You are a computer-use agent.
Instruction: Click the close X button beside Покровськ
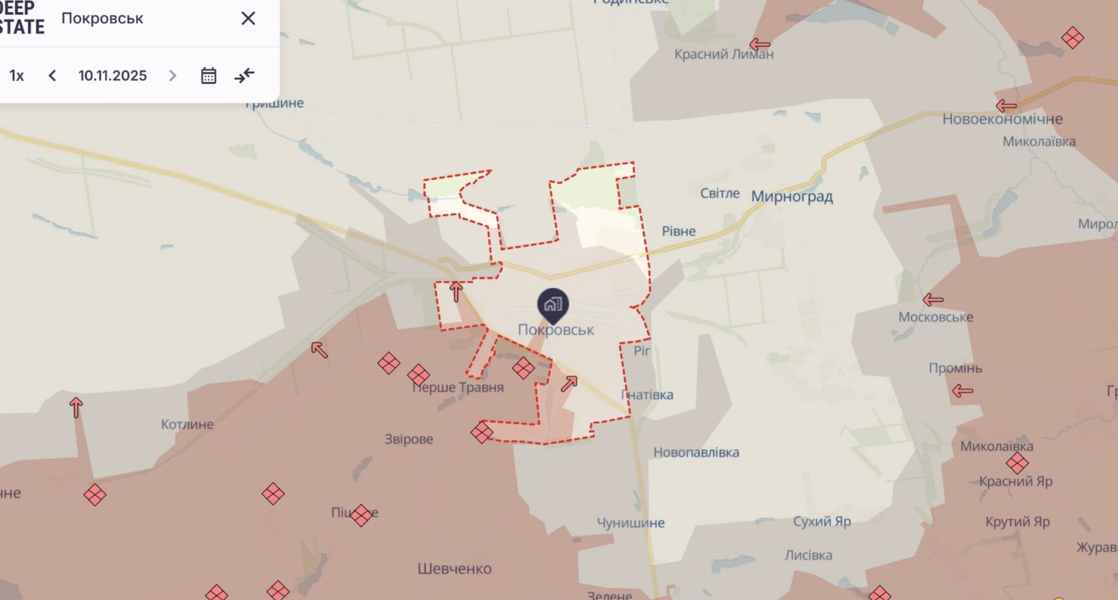click(x=248, y=19)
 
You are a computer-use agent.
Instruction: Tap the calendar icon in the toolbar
click(x=208, y=75)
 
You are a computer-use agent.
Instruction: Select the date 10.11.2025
click(x=113, y=75)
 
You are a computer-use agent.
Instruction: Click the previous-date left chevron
click(x=53, y=75)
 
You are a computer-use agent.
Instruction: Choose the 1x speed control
click(x=17, y=75)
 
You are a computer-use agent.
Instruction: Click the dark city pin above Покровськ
click(x=553, y=304)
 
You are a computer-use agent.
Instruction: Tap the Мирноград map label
click(x=792, y=197)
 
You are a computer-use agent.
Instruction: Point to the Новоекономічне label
click(x=1002, y=119)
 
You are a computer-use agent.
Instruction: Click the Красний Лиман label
click(x=723, y=54)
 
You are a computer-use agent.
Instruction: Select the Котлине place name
click(x=187, y=424)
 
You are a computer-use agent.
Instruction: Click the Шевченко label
click(x=454, y=568)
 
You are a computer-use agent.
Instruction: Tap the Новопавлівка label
click(x=696, y=452)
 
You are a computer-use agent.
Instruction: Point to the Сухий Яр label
click(x=822, y=521)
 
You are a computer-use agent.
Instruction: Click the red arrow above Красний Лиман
click(x=759, y=45)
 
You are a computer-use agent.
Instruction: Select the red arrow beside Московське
click(x=932, y=300)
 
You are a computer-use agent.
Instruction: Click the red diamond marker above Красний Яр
click(x=1017, y=463)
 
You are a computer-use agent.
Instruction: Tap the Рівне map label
click(x=678, y=231)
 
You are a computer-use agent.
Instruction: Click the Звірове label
click(x=409, y=439)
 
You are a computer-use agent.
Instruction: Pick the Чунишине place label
click(x=630, y=523)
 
